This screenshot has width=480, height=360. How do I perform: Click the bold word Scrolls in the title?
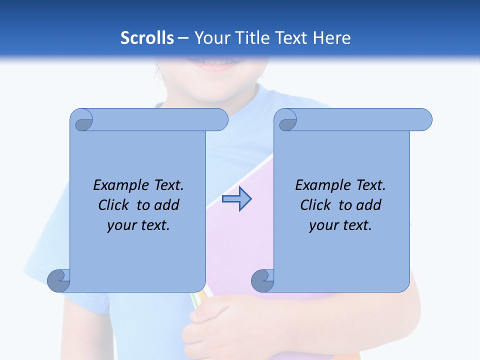coord(147,38)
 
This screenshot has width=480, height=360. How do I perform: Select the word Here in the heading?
coord(331,38)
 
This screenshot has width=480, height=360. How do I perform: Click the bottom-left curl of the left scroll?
coord(58,280)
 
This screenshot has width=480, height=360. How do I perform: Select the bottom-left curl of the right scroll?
coord(262,281)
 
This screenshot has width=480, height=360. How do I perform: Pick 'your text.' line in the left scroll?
coord(138,225)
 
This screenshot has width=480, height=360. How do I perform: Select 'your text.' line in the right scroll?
coord(340,225)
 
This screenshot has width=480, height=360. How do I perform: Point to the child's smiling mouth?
coord(218,64)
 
